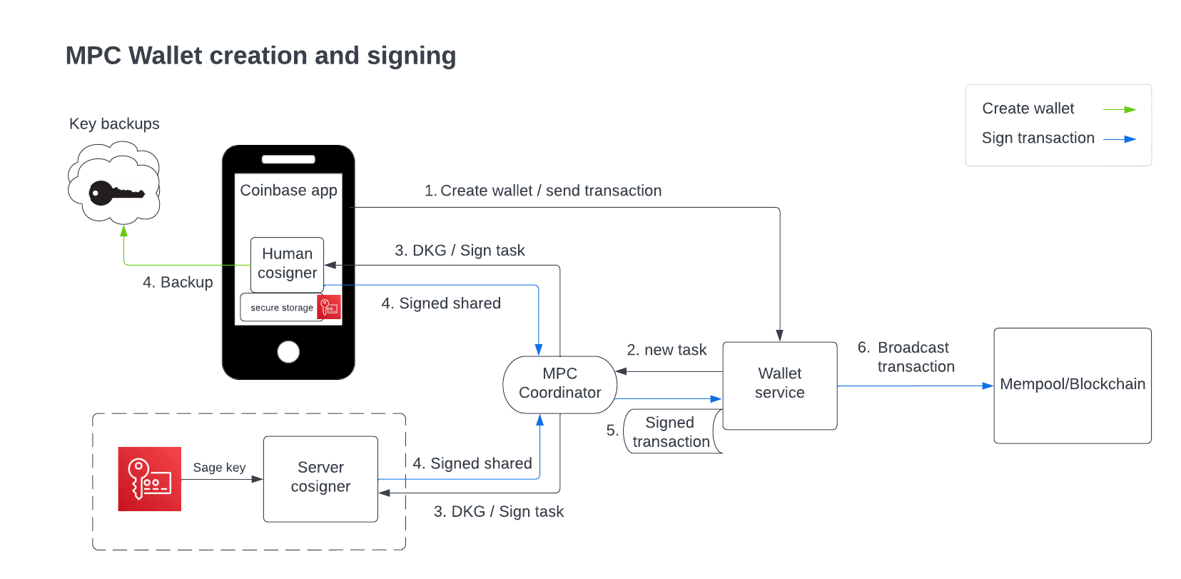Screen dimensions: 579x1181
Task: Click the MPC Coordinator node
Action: click(559, 384)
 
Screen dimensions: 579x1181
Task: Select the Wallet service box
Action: click(779, 385)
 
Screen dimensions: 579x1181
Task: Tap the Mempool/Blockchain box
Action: click(1072, 385)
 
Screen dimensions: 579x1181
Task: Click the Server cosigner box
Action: click(320, 478)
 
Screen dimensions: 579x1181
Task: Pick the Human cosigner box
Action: click(287, 264)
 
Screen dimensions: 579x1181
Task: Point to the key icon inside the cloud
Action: click(115, 193)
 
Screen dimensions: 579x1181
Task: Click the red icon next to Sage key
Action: click(150, 479)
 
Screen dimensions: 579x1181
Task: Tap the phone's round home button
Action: click(288, 351)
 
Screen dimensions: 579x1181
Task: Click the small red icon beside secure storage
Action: click(329, 307)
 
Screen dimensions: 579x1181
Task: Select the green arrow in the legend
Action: click(1120, 109)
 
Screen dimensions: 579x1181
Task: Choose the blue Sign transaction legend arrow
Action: click(1120, 139)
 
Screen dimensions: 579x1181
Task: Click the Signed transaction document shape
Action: click(671, 432)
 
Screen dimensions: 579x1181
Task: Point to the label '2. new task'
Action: click(666, 350)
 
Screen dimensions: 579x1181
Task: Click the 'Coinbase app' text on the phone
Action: click(288, 191)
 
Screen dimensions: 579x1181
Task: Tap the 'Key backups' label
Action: click(114, 124)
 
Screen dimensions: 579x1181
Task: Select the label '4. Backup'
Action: click(178, 282)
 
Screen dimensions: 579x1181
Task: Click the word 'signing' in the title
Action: click(411, 56)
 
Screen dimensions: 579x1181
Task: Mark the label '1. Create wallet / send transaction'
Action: click(543, 191)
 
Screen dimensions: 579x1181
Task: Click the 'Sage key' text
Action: click(219, 468)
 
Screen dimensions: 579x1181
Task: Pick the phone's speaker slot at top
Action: click(288, 159)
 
